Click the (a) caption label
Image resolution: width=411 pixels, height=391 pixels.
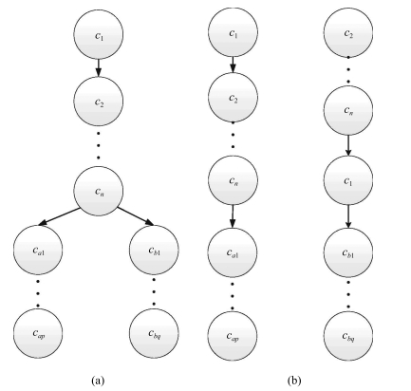(98, 380)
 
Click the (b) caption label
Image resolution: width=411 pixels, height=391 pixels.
(294, 380)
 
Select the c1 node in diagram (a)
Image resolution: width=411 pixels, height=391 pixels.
(99, 34)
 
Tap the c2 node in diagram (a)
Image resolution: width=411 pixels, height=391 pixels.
(99, 102)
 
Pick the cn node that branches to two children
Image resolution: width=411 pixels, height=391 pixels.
(99, 191)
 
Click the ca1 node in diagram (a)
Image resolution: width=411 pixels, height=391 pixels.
(38, 250)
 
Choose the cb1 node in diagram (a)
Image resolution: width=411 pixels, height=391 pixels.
(154, 250)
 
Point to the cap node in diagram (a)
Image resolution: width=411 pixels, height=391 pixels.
(38, 333)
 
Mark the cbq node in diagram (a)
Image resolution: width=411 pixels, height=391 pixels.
(154, 333)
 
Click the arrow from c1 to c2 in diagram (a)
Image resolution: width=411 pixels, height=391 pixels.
(99, 67)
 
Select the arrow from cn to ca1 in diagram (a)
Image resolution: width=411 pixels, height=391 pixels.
(59, 216)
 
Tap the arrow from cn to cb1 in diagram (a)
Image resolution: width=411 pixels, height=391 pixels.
(136, 216)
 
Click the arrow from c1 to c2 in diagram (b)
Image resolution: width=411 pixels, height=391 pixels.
(233, 65)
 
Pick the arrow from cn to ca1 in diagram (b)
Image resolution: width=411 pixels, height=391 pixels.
(233, 216)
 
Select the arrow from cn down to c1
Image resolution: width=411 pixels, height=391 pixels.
(348, 145)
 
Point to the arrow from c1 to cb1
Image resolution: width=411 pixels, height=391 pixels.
(348, 216)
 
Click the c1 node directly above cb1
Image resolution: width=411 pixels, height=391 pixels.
(348, 180)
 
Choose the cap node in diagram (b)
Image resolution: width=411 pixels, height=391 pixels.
(233, 336)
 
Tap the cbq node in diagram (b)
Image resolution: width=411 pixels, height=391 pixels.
(348, 336)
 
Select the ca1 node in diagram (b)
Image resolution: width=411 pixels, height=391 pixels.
(233, 252)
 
